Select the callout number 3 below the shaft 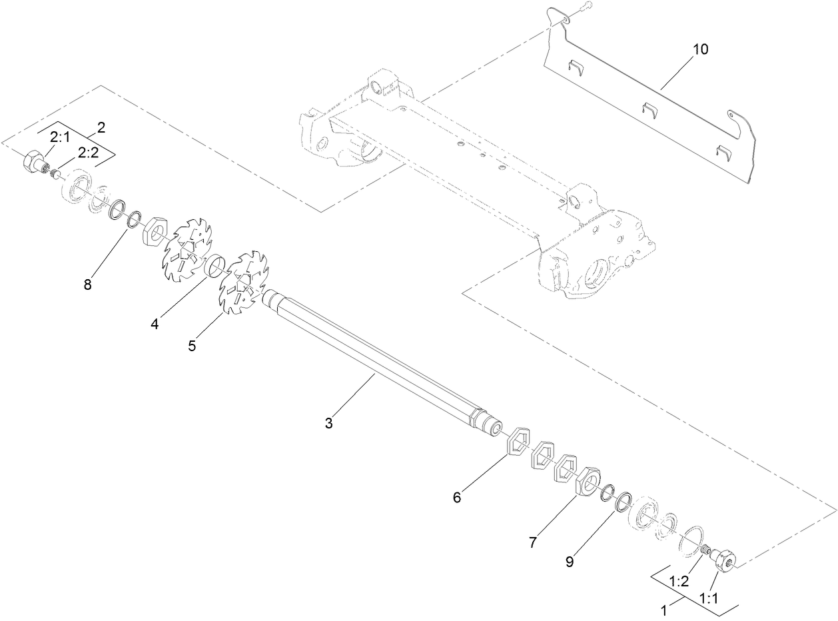(328, 422)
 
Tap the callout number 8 (88, 285)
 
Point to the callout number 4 (155, 324)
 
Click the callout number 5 (192, 345)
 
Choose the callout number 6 (456, 497)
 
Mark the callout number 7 (532, 543)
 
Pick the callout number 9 (570, 562)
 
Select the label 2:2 (88, 153)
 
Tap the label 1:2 (678, 581)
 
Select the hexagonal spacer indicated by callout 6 (518, 442)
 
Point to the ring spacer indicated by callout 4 (214, 266)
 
